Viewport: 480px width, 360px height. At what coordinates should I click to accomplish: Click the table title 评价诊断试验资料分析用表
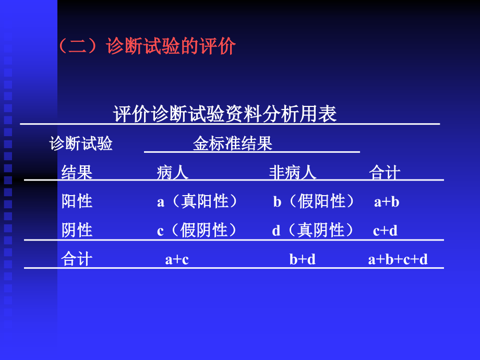pyautogui.click(x=225, y=114)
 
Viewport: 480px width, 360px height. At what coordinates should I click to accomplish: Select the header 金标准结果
pyautogui.click(x=233, y=144)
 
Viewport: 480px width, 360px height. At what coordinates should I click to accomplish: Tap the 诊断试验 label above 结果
pyautogui.click(x=81, y=144)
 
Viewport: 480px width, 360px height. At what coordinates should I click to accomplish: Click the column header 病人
pyautogui.click(x=173, y=173)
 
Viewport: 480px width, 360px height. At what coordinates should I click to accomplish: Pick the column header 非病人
pyautogui.click(x=293, y=173)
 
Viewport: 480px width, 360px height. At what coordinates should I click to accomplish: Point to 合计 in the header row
pyautogui.click(x=385, y=173)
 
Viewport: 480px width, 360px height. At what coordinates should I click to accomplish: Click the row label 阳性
pyautogui.click(x=77, y=201)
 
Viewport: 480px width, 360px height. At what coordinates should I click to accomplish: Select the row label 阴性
pyautogui.click(x=77, y=230)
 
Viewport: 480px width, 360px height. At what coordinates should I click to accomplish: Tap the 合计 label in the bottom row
pyautogui.click(x=77, y=259)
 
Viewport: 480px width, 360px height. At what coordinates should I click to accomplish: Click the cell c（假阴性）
pyautogui.click(x=198, y=231)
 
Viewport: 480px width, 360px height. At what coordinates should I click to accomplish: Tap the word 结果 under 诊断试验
pyautogui.click(x=77, y=173)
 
